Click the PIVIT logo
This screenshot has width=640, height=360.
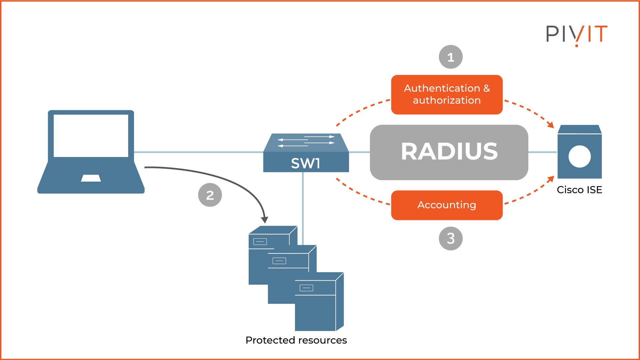click(576, 34)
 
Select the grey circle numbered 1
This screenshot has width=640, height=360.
click(451, 57)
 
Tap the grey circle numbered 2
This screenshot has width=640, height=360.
click(210, 195)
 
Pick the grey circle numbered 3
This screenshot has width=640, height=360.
click(451, 238)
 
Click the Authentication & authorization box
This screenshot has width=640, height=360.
click(447, 95)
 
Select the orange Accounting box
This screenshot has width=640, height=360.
click(447, 205)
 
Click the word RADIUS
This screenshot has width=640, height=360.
click(449, 152)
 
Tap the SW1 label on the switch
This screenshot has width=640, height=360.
click(305, 163)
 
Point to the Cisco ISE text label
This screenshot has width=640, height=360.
click(579, 190)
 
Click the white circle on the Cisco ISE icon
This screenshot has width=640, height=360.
click(579, 156)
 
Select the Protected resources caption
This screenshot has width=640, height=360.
click(296, 340)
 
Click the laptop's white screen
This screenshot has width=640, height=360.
click(91, 136)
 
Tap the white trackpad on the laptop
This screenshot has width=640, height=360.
click(91, 178)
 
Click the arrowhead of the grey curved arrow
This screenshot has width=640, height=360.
click(264, 220)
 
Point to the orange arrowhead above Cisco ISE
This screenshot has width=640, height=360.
click(551, 125)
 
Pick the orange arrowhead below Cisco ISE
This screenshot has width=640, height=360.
click(551, 180)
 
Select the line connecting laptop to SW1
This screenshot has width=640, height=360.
click(198, 152)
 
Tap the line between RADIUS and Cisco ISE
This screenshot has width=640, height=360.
click(542, 152)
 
